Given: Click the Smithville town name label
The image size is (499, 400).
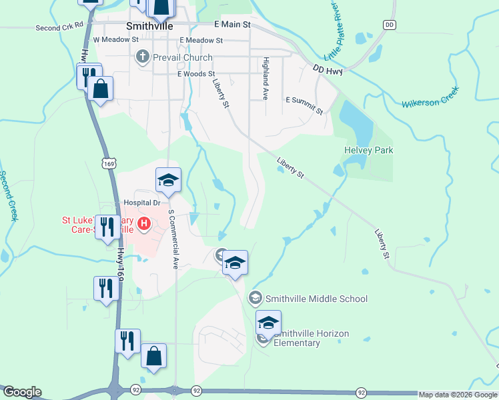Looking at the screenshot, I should click(x=149, y=26).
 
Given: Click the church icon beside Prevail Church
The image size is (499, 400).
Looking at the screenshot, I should click(x=142, y=58).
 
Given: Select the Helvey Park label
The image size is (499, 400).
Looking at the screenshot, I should click(x=368, y=150).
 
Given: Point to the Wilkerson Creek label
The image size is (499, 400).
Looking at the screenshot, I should click(x=430, y=97).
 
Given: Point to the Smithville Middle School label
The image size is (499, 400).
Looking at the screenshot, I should click(x=316, y=299).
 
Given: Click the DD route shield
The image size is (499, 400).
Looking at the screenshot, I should click(x=390, y=25).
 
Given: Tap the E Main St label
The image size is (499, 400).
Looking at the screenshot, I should click(x=231, y=24).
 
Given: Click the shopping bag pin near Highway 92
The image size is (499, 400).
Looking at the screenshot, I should click(x=153, y=356).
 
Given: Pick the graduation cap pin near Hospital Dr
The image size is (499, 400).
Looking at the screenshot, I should click(x=169, y=180).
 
